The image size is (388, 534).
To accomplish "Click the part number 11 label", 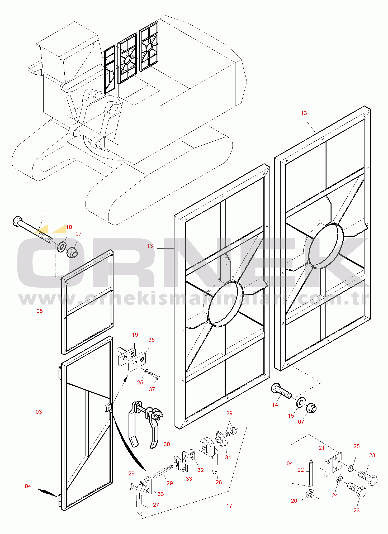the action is click(x=44, y=212).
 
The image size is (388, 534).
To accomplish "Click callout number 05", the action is click(x=40, y=311).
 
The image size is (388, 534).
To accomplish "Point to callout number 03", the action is click(x=39, y=412).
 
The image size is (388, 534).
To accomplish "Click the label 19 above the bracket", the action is click(x=135, y=335).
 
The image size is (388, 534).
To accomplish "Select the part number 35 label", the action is click(x=151, y=340).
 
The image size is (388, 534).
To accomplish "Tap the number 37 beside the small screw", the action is click(x=152, y=389).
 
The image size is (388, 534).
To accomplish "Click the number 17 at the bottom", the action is click(x=229, y=506).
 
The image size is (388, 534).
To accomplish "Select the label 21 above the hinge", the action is click(x=321, y=448).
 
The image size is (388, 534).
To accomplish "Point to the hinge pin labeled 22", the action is click(x=311, y=473).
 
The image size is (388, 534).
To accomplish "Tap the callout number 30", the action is click(x=167, y=444).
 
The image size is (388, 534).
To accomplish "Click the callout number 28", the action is click(x=219, y=482).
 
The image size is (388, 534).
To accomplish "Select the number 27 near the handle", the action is click(x=156, y=505).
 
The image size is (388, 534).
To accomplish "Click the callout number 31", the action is click(x=228, y=457).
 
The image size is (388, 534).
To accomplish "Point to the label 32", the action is click(x=201, y=470).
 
